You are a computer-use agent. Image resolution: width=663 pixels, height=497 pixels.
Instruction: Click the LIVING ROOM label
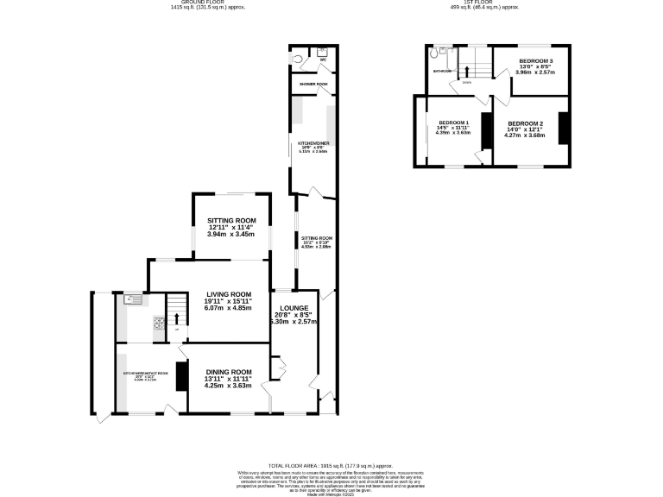[229, 294]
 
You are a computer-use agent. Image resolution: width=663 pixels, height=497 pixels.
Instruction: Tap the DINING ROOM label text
[228, 372]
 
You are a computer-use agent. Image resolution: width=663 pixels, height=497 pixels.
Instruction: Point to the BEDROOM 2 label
[525, 124]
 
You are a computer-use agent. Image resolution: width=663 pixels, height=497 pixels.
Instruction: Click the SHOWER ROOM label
[313, 85]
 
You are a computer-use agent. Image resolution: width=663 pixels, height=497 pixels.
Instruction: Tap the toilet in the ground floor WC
[297, 60]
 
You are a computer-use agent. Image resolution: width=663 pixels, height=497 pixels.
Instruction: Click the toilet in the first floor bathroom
[441, 51]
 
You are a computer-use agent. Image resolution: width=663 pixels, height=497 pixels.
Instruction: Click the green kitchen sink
[133, 299]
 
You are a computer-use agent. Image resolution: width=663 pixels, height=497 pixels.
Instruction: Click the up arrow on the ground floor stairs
[177, 318]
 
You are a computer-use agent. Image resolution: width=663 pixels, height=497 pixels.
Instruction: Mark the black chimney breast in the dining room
[181, 377]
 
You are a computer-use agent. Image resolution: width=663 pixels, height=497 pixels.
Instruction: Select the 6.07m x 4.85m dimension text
[228, 308]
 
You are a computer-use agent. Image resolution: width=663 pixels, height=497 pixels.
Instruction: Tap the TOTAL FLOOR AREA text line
[331, 465]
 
